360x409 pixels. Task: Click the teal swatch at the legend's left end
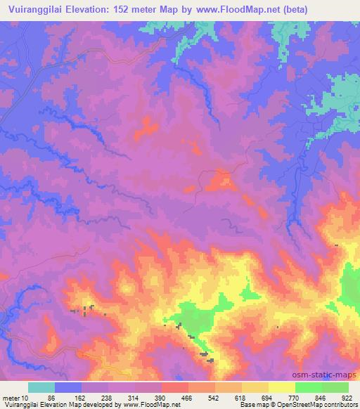pos(41,387)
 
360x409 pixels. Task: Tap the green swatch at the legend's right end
pos(335,387)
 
